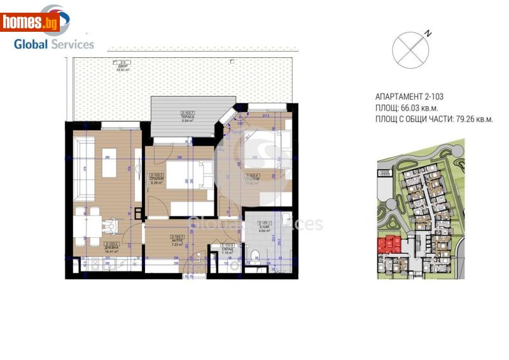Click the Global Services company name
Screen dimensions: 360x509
coord(54,44)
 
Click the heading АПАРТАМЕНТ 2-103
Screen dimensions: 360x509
coord(409,97)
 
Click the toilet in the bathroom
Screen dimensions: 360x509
coord(254,257)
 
